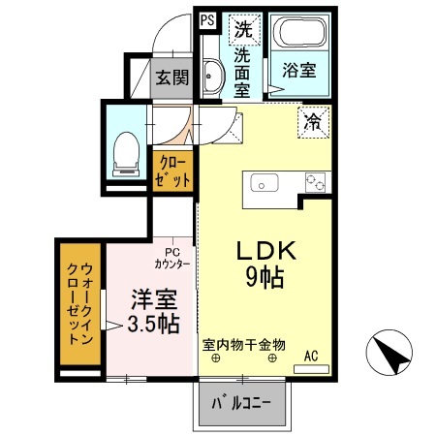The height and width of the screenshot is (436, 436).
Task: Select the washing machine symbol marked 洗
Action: (241, 28)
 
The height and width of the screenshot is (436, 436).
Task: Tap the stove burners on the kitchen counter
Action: (315, 181)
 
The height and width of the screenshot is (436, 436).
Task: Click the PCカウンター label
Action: (171, 256)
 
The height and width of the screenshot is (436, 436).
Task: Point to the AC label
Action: (311, 355)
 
